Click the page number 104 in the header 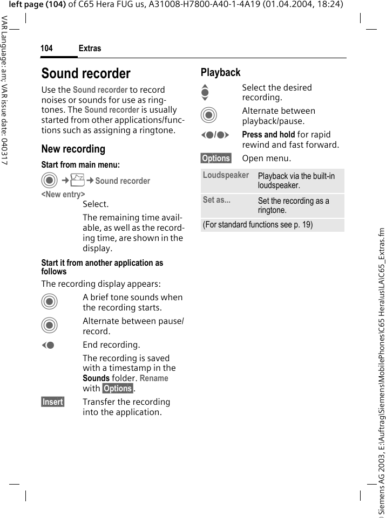click(47, 49)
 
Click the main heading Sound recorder click(86, 73)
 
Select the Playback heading click(220, 72)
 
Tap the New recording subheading click(73, 149)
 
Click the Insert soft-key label click(53, 402)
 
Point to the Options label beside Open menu click(216, 158)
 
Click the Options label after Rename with click(118, 389)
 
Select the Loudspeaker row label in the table click(226, 175)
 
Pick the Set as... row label click(216, 200)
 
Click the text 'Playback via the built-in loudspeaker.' click(296, 181)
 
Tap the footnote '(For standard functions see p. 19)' click(258, 225)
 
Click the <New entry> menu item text click(63, 194)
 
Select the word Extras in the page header click(90, 49)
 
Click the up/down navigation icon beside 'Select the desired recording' click(205, 92)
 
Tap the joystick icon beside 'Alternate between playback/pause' click(208, 116)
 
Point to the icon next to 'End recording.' click(48, 345)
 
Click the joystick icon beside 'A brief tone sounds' click(49, 302)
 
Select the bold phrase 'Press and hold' click(268, 135)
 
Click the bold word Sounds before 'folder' click(96, 378)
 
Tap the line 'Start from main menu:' click(80, 164)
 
